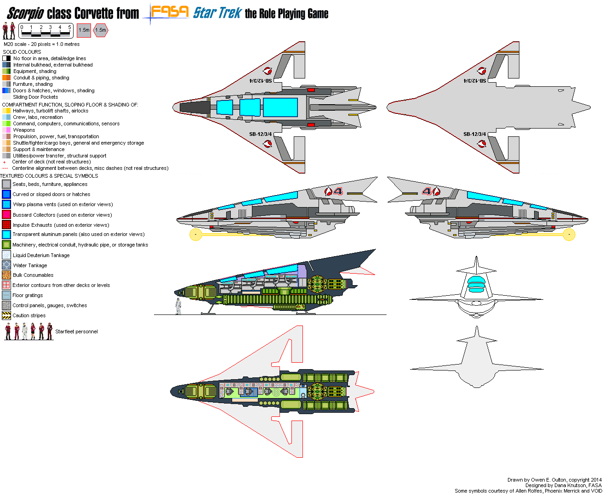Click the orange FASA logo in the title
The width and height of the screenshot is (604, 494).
[x=170, y=11]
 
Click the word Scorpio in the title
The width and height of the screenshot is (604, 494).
[x=25, y=13]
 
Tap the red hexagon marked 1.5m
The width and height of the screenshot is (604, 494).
[x=101, y=30]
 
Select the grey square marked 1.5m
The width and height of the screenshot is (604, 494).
[x=84, y=30]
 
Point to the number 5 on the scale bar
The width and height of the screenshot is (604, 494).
[x=69, y=28]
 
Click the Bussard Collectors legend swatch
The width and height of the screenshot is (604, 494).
[x=6, y=214]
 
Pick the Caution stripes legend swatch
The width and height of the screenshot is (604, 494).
[x=6, y=315]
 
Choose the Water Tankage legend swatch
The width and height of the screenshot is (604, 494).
[x=6, y=265]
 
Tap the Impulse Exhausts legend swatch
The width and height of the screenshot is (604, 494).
[x=6, y=225]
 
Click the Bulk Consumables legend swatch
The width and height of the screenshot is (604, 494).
[x=6, y=275]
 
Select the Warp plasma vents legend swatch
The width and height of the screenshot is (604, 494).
[x=6, y=204]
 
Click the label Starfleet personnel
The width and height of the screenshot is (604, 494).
[x=76, y=331]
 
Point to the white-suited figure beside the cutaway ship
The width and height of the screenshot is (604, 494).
[x=178, y=306]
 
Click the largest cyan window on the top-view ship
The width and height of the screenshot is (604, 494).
[x=280, y=107]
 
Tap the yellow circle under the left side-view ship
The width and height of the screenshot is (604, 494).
[x=196, y=235]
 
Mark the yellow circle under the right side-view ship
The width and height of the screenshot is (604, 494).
[x=569, y=235]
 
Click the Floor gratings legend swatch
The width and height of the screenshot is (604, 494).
[x=6, y=295]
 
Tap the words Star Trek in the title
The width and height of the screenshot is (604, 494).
[x=217, y=13]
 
